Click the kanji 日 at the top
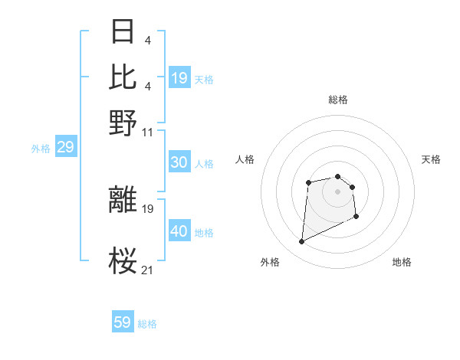[123, 33]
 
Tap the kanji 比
[123, 77]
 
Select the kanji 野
[123, 122]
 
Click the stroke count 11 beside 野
[147, 132]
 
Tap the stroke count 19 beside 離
[147, 208]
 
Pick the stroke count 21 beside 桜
[147, 269]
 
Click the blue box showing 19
[179, 77]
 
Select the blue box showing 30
[179, 162]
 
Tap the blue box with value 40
[179, 231]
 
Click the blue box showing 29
[65, 147]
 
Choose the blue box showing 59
[123, 322]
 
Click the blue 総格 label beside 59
[147, 324]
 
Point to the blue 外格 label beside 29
[41, 149]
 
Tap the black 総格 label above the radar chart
[338, 100]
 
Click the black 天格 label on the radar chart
[432, 159]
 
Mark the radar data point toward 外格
[301, 242]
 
